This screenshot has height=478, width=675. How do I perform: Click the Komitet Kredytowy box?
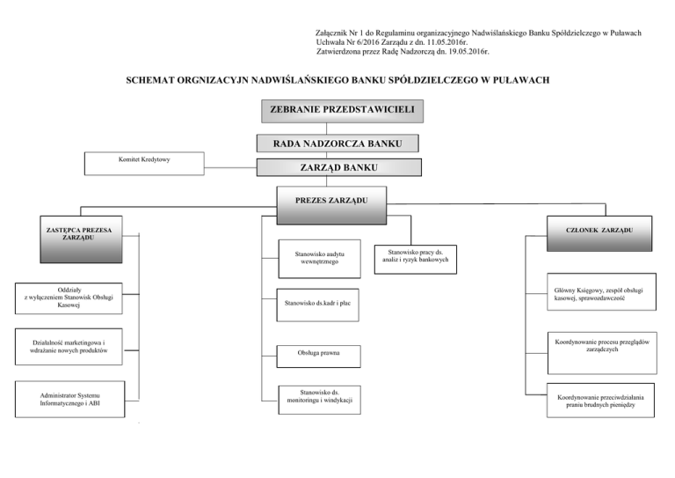pos(143,162)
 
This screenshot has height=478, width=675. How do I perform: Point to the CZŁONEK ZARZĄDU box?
pos(599,231)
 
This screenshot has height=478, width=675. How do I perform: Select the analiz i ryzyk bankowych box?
pos(417,256)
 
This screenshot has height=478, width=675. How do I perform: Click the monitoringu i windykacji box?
pos(316,399)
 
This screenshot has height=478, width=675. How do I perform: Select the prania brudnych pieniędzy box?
pos(599,401)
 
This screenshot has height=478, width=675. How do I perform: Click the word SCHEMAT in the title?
pos(153,80)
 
